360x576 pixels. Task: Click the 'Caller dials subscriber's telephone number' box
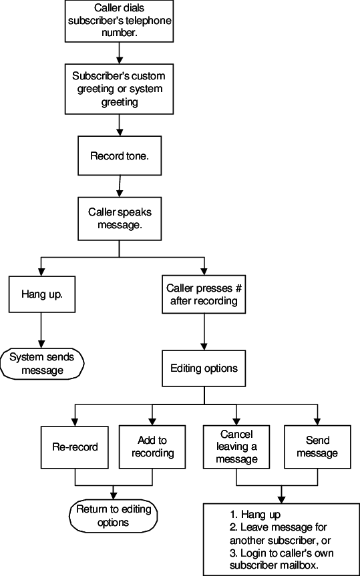point(119,21)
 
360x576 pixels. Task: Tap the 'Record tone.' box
point(119,156)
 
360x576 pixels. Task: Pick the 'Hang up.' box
point(41,294)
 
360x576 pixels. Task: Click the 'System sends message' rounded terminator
point(41,364)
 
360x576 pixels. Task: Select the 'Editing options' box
point(204,368)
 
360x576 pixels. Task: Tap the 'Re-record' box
point(74,447)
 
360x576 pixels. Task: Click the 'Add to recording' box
point(152,447)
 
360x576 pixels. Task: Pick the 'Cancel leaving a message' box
point(237,447)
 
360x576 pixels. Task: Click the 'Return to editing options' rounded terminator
point(113,517)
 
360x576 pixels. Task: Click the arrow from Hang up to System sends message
point(41,330)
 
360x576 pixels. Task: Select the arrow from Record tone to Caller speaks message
point(119,184)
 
